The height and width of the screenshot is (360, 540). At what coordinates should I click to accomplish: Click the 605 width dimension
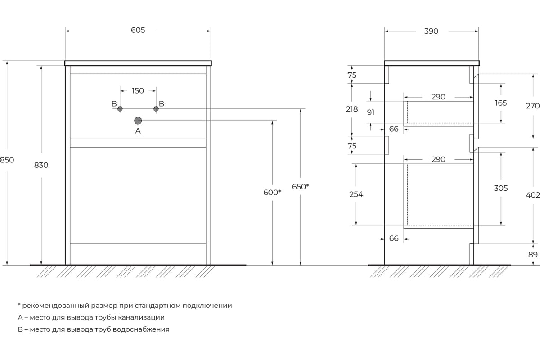pos(138,30)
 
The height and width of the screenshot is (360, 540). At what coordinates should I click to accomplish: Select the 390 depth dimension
pos(431,31)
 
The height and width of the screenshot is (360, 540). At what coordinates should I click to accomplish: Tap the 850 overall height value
pos(7,160)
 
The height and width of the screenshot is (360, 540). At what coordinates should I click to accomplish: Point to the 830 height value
pos(41,165)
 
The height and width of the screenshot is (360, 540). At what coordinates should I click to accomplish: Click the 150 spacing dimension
pos(138,91)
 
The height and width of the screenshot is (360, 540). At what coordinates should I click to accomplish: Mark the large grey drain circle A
pos(138,121)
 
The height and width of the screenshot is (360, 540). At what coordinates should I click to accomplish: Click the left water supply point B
pos(120,109)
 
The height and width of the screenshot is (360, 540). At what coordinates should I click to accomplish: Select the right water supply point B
pos(156,109)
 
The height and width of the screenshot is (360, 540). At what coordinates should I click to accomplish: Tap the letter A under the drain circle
pos(138,131)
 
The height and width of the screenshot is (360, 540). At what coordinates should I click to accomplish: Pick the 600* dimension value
pos(272,193)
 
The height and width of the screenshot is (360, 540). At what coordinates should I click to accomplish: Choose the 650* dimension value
pos(301,187)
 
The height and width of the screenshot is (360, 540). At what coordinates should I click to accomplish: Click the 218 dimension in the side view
pos(352,109)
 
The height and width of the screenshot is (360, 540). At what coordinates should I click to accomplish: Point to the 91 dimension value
pos(370,112)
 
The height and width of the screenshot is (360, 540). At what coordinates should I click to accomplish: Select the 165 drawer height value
pos(501,103)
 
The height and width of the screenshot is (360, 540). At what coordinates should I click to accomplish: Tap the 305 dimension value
pos(501,188)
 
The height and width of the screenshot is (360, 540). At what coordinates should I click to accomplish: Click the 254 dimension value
pos(356,194)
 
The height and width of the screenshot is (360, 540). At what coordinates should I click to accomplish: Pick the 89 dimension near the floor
pos(533,255)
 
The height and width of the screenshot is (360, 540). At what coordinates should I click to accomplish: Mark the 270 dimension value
pos(532,106)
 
